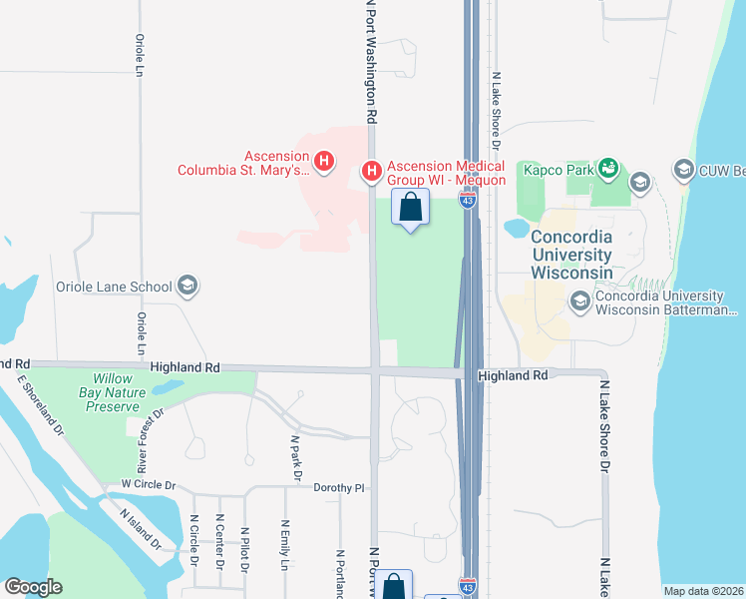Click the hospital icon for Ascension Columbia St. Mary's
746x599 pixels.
click(x=323, y=160)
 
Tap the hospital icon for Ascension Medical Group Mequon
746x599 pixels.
click(x=371, y=172)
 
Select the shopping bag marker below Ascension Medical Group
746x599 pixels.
click(x=410, y=209)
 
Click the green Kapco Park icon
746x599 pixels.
click(x=607, y=169)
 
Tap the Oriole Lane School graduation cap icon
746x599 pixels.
click(x=186, y=287)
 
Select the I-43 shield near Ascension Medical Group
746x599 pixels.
click(x=468, y=200)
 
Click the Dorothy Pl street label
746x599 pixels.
click(x=340, y=488)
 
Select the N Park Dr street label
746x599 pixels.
click(x=295, y=458)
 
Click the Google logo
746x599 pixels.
click(x=33, y=587)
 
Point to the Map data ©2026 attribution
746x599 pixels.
click(x=703, y=591)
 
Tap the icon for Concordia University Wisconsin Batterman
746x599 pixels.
click(x=579, y=300)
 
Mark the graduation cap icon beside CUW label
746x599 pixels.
click(x=683, y=169)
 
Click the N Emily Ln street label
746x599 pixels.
click(x=285, y=544)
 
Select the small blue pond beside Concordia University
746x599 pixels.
click(x=517, y=228)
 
